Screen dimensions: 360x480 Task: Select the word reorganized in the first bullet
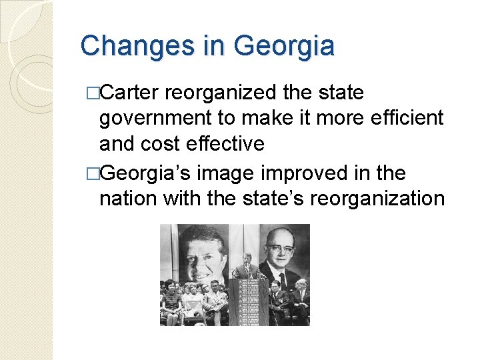223,93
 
